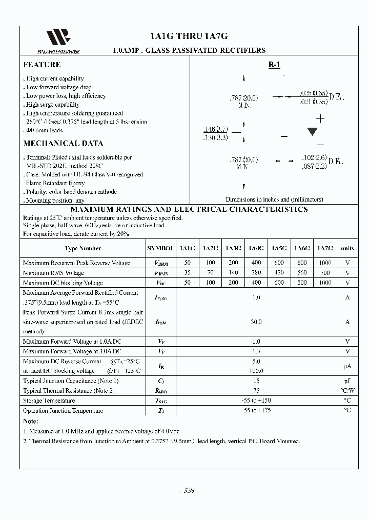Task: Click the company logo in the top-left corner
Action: (58, 38)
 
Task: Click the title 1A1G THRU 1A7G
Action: (189, 36)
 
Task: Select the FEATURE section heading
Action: (42, 65)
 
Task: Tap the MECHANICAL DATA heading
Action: (63, 144)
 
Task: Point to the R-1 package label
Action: (274, 65)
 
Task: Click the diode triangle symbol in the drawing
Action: (312, 132)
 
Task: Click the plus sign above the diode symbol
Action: (321, 119)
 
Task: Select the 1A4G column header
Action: (256, 248)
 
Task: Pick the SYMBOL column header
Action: (161, 248)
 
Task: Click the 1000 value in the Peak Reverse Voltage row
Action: (325, 263)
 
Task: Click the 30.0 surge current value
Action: (256, 322)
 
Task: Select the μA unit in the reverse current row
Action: (347, 366)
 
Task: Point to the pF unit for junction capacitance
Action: (347, 381)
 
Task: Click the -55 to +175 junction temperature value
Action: (256, 410)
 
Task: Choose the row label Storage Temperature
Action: (49, 401)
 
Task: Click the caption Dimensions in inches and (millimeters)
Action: (274, 199)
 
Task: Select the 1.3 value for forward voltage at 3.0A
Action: (256, 351)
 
